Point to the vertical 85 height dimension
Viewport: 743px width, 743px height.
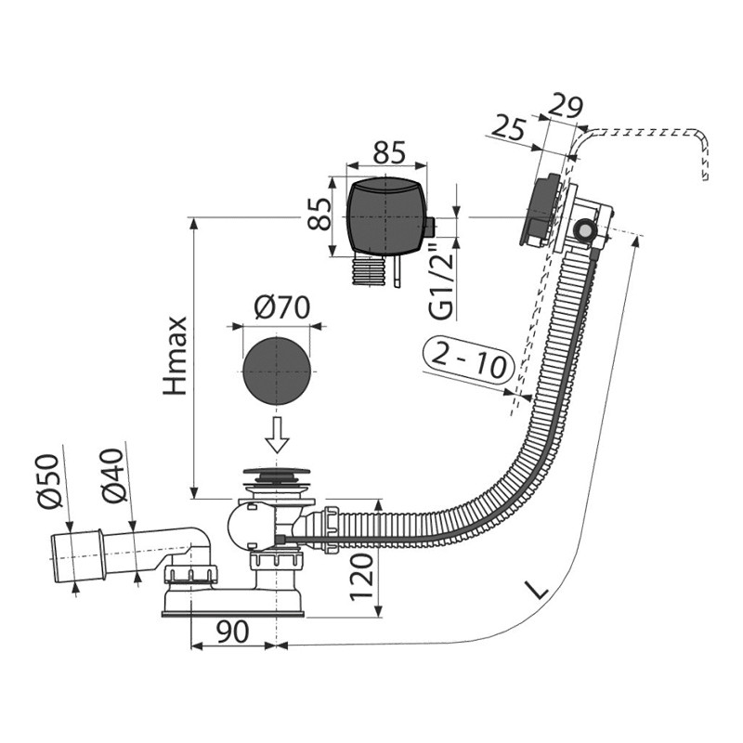point(319,214)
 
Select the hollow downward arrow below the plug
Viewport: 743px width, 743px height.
point(276,434)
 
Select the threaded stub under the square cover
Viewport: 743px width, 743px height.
point(370,270)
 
